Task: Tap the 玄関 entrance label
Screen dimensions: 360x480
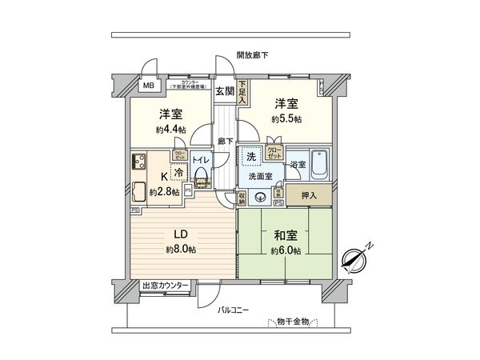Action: [x=225, y=90]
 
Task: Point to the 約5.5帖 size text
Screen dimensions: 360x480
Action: [x=286, y=118]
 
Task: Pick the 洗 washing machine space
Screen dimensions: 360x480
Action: [x=251, y=156]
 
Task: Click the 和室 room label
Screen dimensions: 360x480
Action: [x=285, y=236]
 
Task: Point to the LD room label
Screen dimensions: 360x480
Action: [x=182, y=236]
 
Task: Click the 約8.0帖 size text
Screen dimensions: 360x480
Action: [x=182, y=250]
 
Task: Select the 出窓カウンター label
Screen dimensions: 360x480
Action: [x=165, y=286]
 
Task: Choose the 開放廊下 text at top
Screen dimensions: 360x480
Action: [x=252, y=55]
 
